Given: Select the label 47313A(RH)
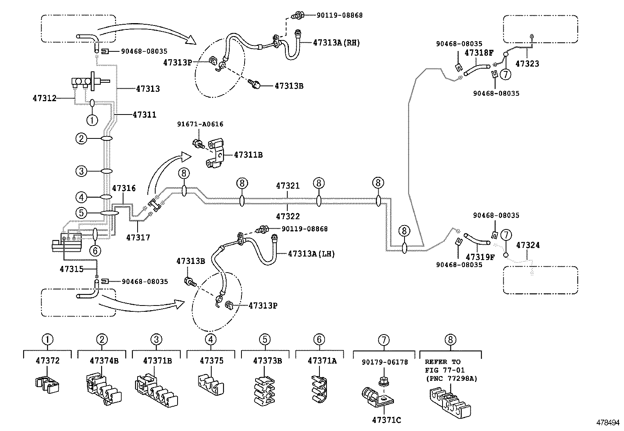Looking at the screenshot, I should coord(336,43).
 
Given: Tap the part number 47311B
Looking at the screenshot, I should coord(248,155).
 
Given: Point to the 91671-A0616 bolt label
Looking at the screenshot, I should coord(200,124).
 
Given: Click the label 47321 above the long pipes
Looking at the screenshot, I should coord(288,186).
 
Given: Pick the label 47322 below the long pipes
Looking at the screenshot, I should coord(288,216).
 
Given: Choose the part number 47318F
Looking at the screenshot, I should coord(479,53).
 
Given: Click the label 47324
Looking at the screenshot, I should coord(528,246).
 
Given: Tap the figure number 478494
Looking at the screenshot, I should coord(608,423).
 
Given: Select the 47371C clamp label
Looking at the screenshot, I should coord(386,420).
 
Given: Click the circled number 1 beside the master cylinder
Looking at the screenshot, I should coord(92,119).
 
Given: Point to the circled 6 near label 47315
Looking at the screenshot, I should coord(94,250).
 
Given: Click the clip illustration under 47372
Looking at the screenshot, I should coord(47,384).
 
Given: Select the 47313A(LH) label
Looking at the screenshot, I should coord(311,254).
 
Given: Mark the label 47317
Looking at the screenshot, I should coord(138,238).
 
